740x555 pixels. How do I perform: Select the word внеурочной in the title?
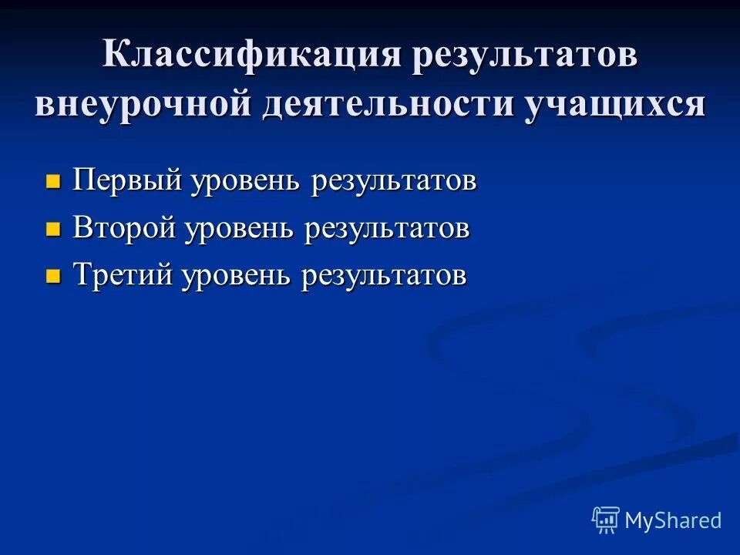pos(143,103)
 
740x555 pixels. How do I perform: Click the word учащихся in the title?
pos(615,103)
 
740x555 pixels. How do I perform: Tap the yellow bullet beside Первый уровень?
pos(53,182)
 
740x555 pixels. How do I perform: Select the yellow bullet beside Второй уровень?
pos(53,229)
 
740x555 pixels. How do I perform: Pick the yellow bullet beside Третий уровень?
pos(53,276)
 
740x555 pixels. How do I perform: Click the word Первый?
pos(127,181)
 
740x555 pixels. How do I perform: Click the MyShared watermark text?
pos(673,520)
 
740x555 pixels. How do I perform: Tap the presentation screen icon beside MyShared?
pos(606,520)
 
